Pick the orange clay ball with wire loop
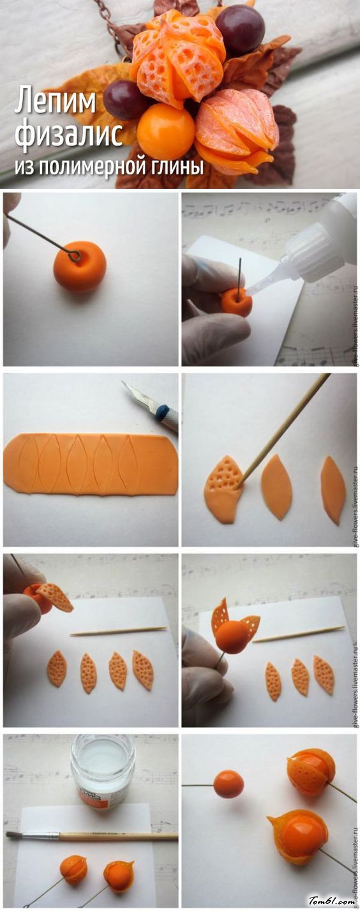click(x=80, y=266)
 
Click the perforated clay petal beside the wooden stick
click(x=223, y=488)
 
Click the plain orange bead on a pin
click(x=229, y=783)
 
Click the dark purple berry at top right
click(x=240, y=29)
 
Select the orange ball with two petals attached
click(x=234, y=635)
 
